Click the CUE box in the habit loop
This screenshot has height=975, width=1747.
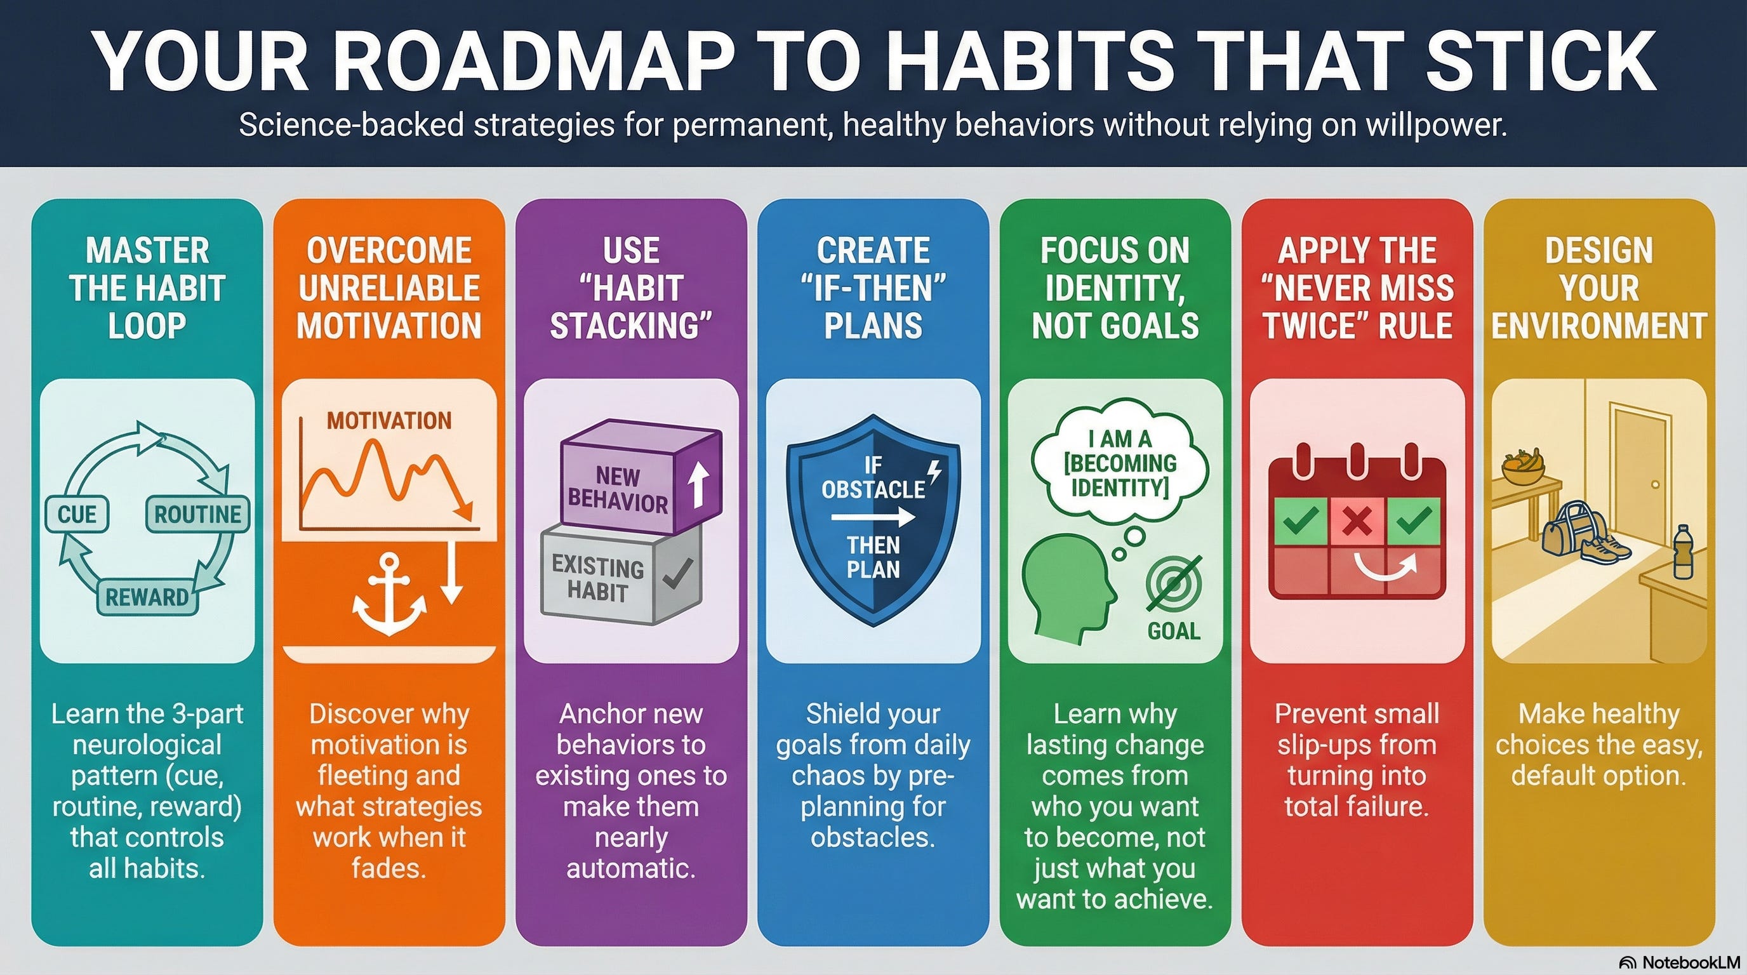[x=77, y=515]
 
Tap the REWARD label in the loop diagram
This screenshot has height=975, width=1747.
[x=147, y=597]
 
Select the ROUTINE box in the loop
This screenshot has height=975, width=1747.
[x=197, y=515]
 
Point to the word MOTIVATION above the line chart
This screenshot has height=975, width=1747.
[x=389, y=420]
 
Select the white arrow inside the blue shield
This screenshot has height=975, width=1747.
[x=873, y=518]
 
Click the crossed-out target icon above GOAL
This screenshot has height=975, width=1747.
[x=1174, y=584]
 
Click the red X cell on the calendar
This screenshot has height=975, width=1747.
[x=1357, y=521]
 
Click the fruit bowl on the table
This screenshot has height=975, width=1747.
[x=1522, y=467]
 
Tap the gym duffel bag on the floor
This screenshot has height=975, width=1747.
[x=1567, y=529]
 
